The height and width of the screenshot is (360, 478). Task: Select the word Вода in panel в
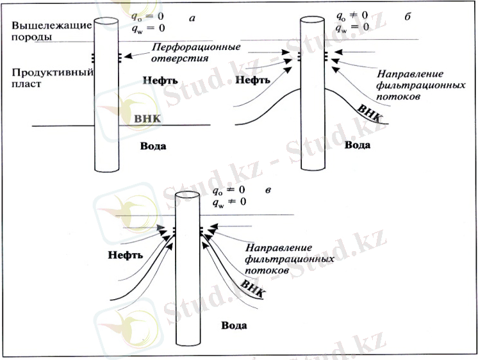[235, 325]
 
